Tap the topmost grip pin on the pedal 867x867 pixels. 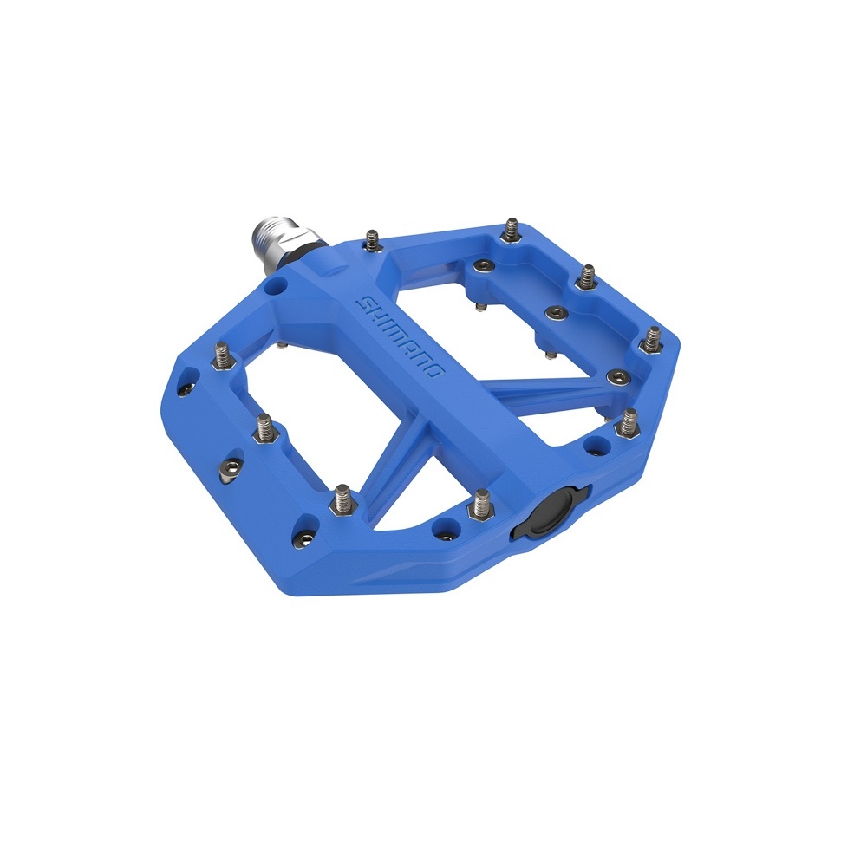(512, 230)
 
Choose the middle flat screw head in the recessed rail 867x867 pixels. (556, 314)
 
